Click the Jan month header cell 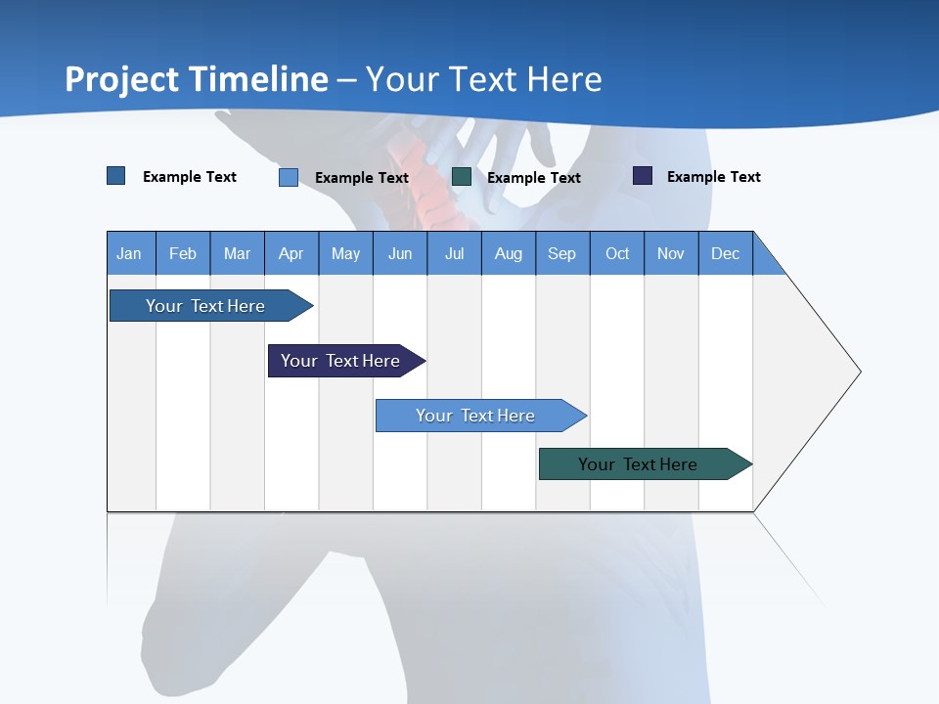[x=130, y=253]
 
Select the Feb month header [x=183, y=253]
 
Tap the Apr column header [x=291, y=253]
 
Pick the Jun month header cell [x=400, y=253]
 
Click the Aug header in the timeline [x=509, y=253]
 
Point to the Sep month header [x=562, y=253]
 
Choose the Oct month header [x=617, y=253]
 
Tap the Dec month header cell [x=726, y=253]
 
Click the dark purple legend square [x=643, y=176]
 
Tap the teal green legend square [x=462, y=177]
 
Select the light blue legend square [x=289, y=177]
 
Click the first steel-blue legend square [x=116, y=176]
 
